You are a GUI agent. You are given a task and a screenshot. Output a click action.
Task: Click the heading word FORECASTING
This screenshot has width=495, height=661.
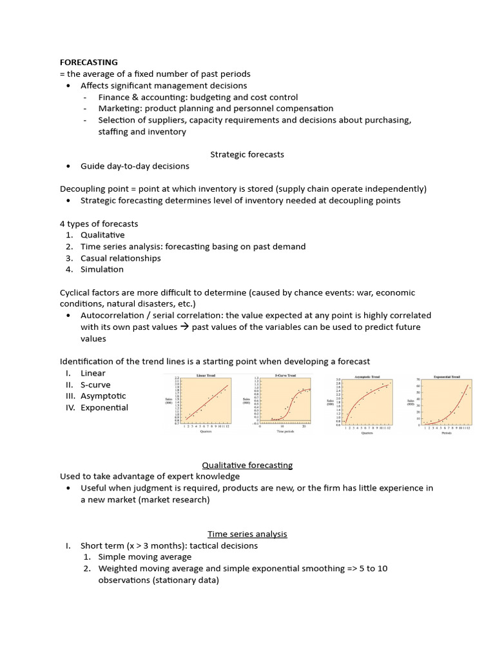click(89, 63)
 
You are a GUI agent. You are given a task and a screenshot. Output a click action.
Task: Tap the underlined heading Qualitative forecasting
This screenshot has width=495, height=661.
click(247, 465)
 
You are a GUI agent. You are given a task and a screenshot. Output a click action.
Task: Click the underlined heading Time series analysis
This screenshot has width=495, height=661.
click(247, 534)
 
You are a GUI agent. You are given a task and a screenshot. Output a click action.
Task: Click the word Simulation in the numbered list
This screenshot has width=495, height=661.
click(102, 269)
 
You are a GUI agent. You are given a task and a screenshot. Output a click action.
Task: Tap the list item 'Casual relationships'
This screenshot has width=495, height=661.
click(121, 258)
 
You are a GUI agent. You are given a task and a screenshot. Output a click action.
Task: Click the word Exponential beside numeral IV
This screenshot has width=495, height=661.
click(104, 407)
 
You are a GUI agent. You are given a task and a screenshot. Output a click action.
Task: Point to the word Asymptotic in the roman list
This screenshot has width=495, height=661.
click(103, 396)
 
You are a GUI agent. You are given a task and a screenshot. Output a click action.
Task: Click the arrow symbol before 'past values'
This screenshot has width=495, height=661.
click(184, 327)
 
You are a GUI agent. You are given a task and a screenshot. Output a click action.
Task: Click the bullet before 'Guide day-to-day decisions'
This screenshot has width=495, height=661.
click(68, 166)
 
